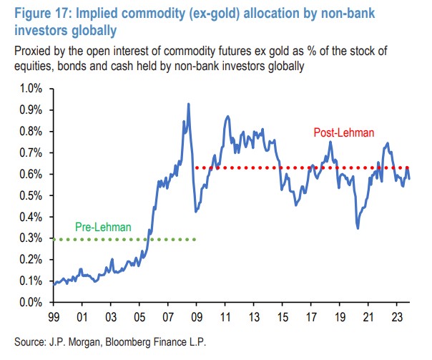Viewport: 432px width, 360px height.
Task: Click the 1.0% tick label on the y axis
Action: click(x=31, y=88)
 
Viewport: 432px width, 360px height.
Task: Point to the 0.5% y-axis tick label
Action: click(x=31, y=195)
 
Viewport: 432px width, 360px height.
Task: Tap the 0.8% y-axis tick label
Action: click(x=31, y=131)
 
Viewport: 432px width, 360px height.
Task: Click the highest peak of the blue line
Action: click(x=188, y=104)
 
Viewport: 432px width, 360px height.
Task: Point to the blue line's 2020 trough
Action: click(x=358, y=228)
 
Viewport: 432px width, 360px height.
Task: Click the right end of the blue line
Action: click(x=409, y=178)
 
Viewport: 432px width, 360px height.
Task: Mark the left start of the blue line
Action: click(x=53, y=285)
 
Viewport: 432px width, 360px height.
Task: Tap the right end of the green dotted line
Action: click(x=195, y=239)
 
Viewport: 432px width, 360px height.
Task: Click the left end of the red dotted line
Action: click(x=196, y=168)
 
